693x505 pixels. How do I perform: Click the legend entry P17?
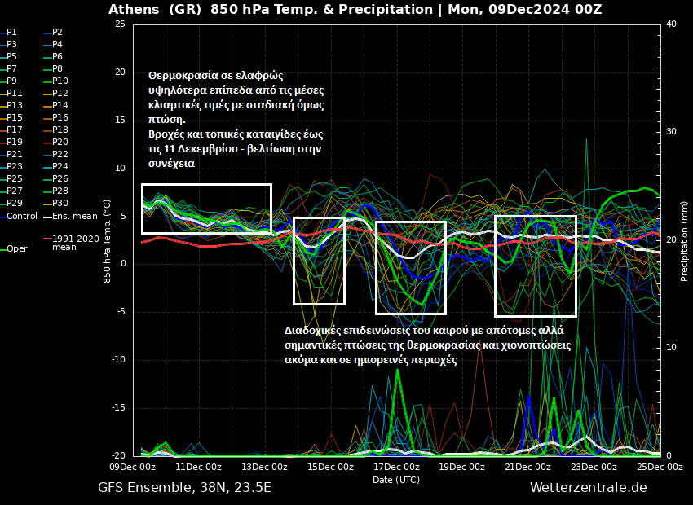point(15,130)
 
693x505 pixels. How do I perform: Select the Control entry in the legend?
point(22,216)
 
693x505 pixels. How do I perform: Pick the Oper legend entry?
point(16,248)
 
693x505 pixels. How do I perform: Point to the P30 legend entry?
point(60,203)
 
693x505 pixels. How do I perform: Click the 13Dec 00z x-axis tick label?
point(265,467)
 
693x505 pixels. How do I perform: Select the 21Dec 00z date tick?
point(527,467)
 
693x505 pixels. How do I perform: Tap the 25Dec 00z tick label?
point(659,467)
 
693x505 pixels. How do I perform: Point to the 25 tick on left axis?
point(120,24)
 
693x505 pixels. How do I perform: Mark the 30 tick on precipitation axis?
point(671,132)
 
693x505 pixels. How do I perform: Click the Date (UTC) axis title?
point(396,480)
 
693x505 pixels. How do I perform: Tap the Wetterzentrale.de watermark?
point(588,488)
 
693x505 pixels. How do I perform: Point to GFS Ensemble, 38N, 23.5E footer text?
point(184,488)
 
